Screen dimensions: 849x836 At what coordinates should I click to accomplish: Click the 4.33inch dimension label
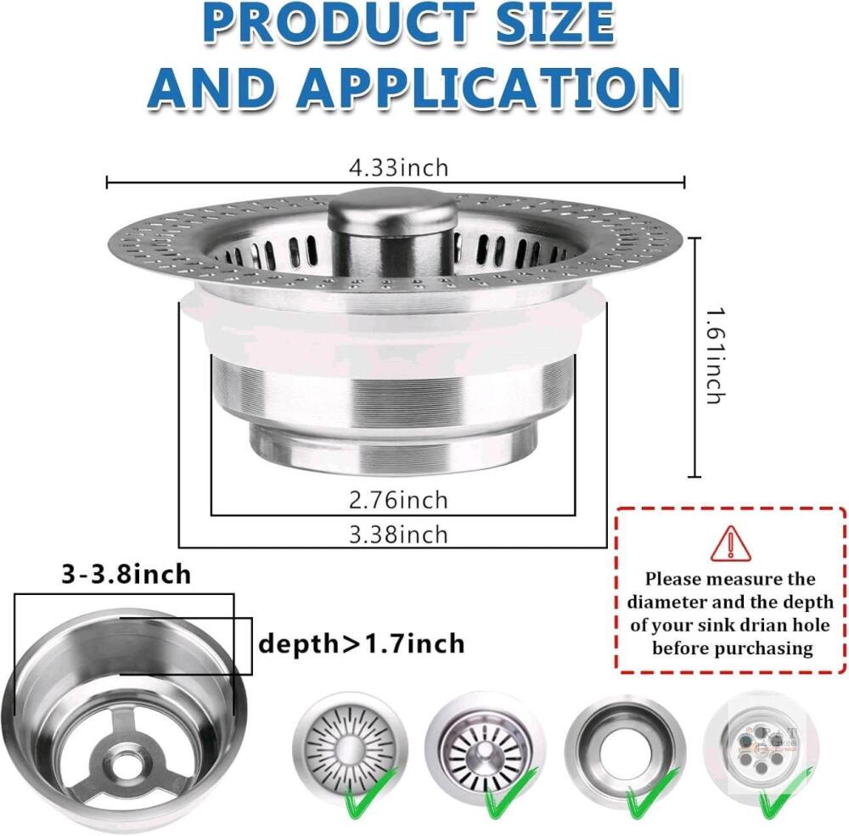pos(398,168)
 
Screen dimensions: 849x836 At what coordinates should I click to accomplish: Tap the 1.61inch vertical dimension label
pos(716,356)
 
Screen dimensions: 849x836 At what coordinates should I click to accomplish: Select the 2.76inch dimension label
pos(398,500)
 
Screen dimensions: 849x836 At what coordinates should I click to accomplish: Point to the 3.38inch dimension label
pos(398,535)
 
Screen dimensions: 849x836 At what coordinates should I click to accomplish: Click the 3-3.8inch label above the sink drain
pos(127,574)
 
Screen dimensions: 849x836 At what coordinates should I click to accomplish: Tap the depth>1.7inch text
pos(362,644)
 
